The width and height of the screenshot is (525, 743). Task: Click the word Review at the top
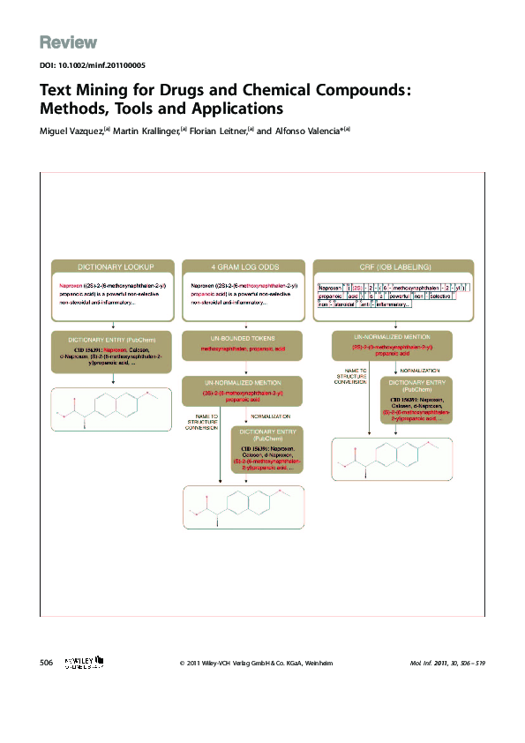[x=68, y=43]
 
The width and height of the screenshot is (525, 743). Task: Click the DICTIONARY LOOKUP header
[x=114, y=266]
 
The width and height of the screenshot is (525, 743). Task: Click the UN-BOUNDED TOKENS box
[x=242, y=344]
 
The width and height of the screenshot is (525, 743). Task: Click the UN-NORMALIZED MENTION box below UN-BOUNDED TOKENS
[x=242, y=389]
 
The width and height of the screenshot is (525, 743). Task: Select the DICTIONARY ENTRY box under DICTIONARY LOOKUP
[x=114, y=349]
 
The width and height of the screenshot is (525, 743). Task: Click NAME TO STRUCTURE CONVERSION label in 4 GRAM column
[x=202, y=420]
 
